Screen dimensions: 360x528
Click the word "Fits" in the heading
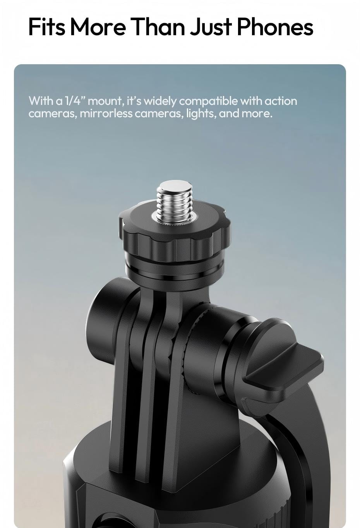coord(46,27)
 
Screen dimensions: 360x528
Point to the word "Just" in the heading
coord(211,27)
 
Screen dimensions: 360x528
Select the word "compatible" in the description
coord(208,101)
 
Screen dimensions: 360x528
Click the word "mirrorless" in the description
coord(106,114)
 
